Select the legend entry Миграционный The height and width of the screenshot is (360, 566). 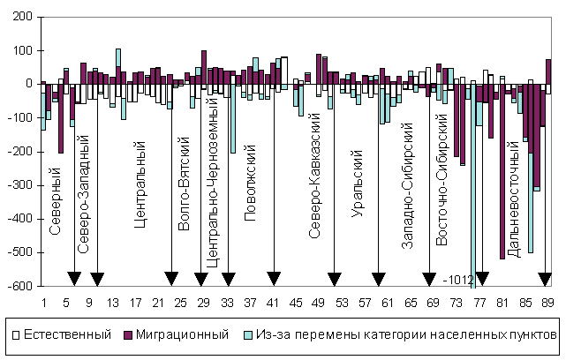(186, 335)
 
